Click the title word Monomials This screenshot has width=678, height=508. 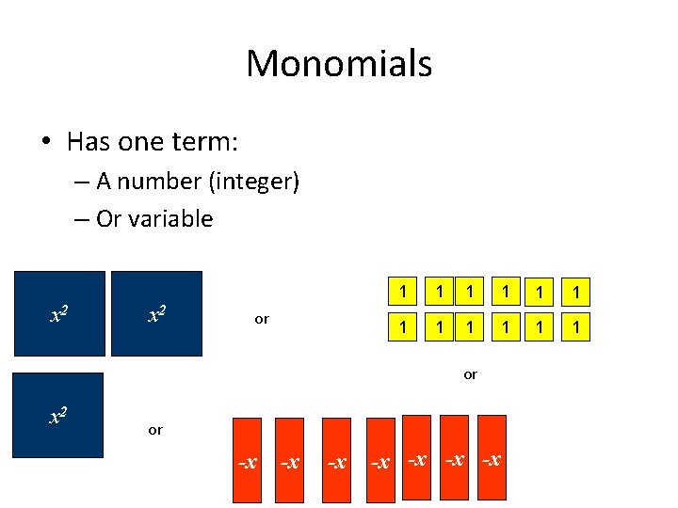click(x=339, y=64)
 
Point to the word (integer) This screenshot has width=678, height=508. click(x=255, y=182)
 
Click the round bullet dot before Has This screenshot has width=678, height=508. click(x=45, y=143)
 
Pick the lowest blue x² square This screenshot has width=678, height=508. click(x=56, y=415)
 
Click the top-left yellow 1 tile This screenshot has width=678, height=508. click(x=402, y=293)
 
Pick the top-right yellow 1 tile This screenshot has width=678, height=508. click(x=575, y=294)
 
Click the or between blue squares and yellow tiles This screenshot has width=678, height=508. click(x=262, y=319)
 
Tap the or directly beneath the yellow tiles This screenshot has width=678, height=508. click(x=470, y=374)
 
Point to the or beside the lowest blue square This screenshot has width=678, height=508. click(x=155, y=430)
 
